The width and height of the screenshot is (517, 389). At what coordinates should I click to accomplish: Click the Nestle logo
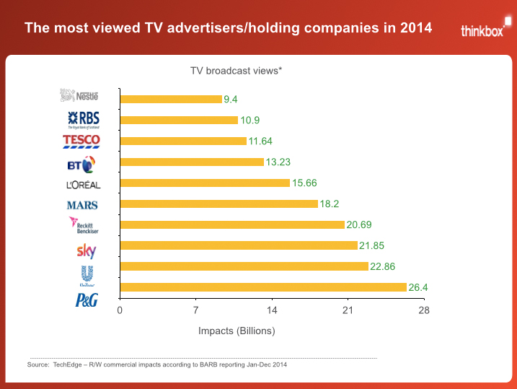[x=79, y=95]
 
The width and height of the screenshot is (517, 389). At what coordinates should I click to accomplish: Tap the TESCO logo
[x=81, y=140]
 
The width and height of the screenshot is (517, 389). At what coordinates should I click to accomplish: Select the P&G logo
[x=87, y=301]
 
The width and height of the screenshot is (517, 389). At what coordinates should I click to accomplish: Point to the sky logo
[x=87, y=251]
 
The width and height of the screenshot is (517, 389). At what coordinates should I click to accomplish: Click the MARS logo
[x=82, y=205]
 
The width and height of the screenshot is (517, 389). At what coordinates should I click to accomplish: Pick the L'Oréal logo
[x=83, y=185]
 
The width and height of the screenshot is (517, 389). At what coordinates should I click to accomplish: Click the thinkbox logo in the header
[x=483, y=30]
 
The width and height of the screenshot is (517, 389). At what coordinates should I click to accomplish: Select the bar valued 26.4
[x=263, y=287]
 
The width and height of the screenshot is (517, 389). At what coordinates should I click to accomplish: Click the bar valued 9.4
[x=171, y=99]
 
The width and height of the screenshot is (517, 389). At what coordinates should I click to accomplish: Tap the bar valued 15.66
[x=205, y=183]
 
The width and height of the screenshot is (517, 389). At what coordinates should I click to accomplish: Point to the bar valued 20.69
[x=232, y=224]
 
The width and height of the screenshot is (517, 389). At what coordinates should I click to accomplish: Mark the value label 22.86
[x=383, y=266]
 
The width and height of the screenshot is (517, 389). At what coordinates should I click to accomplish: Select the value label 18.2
[x=330, y=204]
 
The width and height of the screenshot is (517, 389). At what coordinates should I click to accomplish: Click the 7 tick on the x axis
[x=195, y=310]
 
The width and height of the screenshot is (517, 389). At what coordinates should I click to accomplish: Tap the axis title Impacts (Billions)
[x=237, y=331]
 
